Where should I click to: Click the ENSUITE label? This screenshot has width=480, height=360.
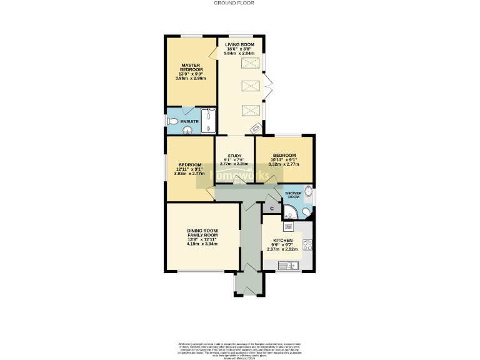pos(189,121)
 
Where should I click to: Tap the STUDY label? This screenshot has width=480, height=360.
pos(234,156)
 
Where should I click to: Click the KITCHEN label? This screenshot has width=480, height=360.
pos(282,240)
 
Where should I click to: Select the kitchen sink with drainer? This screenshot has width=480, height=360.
pos(289,266)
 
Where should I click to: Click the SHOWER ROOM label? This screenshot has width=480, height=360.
pos(294,194)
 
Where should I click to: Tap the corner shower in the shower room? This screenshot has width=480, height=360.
pos(306,213)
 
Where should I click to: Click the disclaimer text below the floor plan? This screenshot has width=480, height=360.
pos(240,347)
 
